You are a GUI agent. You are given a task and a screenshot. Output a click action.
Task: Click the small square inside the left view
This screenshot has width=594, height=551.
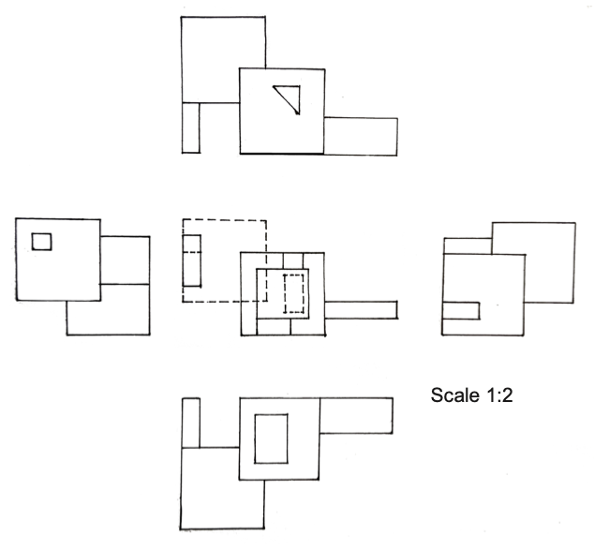click(41, 242)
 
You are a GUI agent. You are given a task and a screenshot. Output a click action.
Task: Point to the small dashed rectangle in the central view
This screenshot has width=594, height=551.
click(295, 293)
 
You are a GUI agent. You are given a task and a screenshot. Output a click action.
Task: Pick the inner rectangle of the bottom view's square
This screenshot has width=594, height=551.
click(271, 438)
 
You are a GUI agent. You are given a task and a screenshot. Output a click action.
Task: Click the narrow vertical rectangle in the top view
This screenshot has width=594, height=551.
click(191, 127)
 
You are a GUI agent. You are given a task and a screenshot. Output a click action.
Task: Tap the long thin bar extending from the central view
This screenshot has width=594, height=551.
click(361, 309)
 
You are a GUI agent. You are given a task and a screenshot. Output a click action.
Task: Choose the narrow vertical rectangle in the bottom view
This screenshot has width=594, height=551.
click(191, 423)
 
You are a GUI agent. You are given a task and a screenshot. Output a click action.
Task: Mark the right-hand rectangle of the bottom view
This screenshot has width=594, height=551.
click(356, 415)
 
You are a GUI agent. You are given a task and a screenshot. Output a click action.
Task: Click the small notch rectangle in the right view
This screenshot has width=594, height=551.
click(462, 310)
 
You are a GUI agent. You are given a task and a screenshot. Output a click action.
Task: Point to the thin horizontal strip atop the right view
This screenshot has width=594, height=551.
click(467, 246)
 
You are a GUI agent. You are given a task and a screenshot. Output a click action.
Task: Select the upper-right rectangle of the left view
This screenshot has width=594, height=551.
click(125, 260)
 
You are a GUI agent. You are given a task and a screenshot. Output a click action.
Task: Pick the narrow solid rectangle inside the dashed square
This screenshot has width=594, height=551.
click(191, 260)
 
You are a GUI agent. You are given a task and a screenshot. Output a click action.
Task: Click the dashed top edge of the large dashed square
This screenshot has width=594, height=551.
click(225, 219)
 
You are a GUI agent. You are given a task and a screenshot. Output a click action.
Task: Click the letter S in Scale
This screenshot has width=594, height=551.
click(437, 395)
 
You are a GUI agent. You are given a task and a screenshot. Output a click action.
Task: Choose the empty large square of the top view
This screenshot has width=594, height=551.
click(222, 58)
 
